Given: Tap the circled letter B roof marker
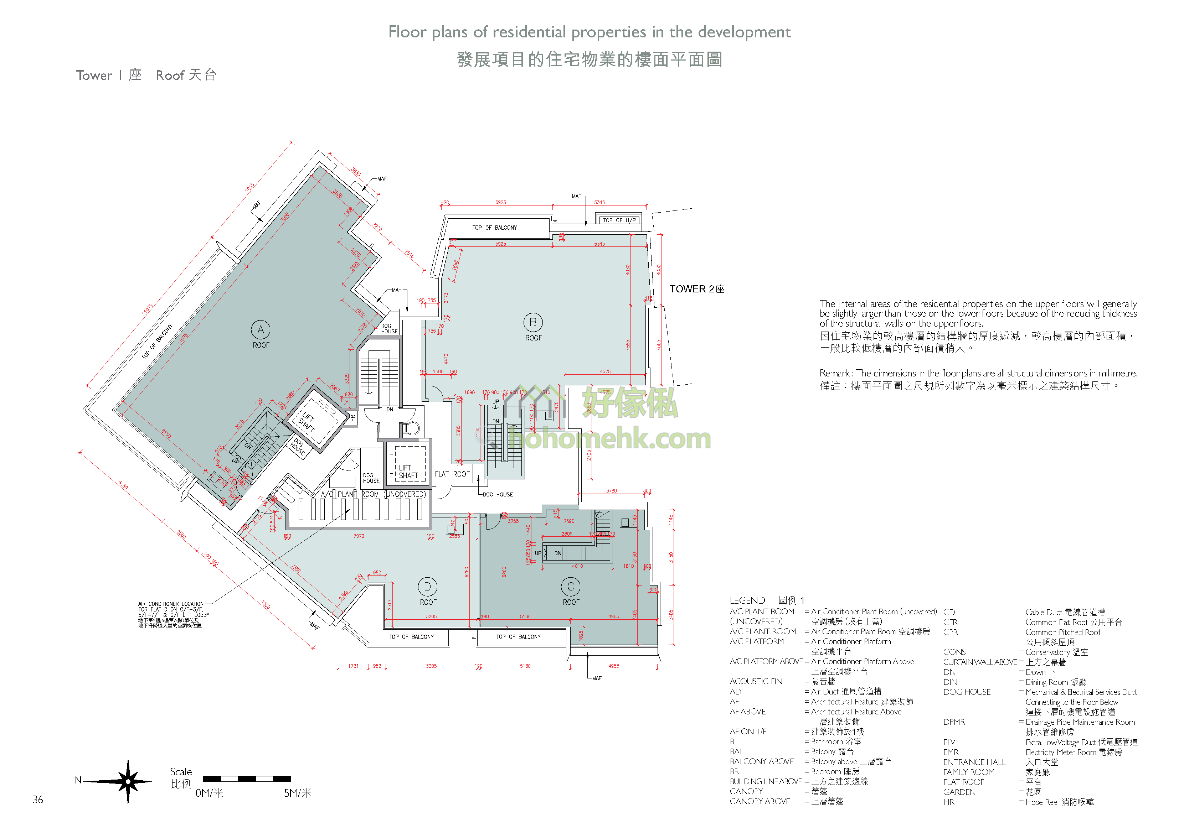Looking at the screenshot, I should [533, 322].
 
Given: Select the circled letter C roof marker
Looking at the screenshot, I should [571, 586].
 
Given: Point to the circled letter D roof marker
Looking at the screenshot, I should [427, 586].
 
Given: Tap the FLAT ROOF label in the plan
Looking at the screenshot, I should [452, 474].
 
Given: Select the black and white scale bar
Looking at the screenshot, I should [247, 779].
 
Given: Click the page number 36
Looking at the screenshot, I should [38, 800].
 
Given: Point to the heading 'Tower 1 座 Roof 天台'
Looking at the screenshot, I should [146, 76].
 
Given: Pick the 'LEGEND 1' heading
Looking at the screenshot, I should [767, 600].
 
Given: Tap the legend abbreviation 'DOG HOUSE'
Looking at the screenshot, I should [967, 692].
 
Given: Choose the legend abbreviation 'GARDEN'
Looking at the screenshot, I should [959, 792].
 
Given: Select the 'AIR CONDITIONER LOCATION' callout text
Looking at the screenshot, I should [171, 604].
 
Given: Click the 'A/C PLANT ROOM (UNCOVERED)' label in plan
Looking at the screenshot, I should [373, 494].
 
